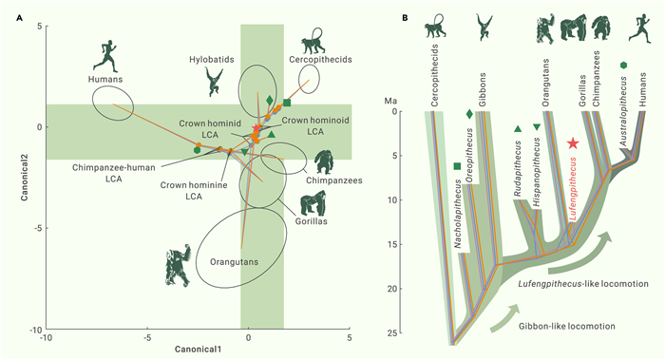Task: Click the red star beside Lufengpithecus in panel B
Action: pos(573,143)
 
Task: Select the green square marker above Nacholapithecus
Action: pos(457,166)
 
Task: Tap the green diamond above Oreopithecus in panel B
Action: pos(469,114)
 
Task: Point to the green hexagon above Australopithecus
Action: pos(623,65)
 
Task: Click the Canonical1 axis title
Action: pos(198,350)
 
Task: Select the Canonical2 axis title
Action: pos(24,178)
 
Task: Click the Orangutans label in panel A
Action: pos(234,261)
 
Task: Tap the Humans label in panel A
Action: pos(105,79)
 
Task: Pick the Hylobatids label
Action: pos(212,59)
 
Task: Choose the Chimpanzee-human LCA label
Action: pos(114,173)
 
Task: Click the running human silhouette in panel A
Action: pos(105,56)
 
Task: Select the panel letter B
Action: pos(405,18)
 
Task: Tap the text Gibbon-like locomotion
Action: pos(566,326)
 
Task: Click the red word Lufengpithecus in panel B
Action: pos(573,189)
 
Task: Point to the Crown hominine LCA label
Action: pos(194,191)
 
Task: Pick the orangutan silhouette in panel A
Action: pos(179,265)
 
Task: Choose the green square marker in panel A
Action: pos(287,103)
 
